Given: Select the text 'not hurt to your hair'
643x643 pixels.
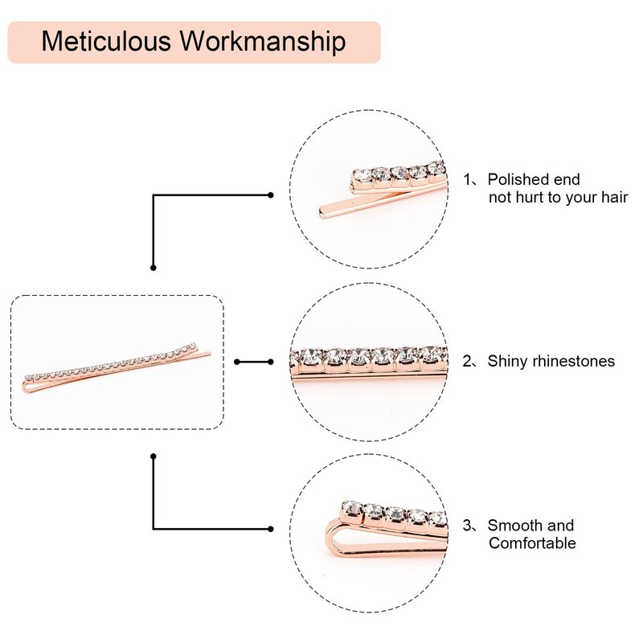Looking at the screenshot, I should pyautogui.click(x=558, y=197).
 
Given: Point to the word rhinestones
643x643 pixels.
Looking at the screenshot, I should pyautogui.click(x=576, y=361).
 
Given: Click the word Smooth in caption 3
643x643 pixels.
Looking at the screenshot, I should pyautogui.click(x=514, y=526).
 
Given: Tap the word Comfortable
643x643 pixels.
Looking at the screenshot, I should pyautogui.click(x=532, y=543).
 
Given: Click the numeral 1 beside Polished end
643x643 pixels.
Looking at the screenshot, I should pyautogui.click(x=467, y=179).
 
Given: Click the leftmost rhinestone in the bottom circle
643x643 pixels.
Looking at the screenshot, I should pyautogui.click(x=351, y=508).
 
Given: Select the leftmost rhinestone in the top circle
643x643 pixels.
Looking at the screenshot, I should pyautogui.click(x=361, y=176).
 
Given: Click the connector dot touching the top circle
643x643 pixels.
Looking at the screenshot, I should pyautogui.click(x=271, y=195).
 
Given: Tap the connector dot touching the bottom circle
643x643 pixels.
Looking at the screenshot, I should pyautogui.click(x=271, y=529).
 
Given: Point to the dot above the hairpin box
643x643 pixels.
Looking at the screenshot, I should pyautogui.click(x=154, y=267).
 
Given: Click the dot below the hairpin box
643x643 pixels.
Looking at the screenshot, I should pyautogui.click(x=154, y=457).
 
